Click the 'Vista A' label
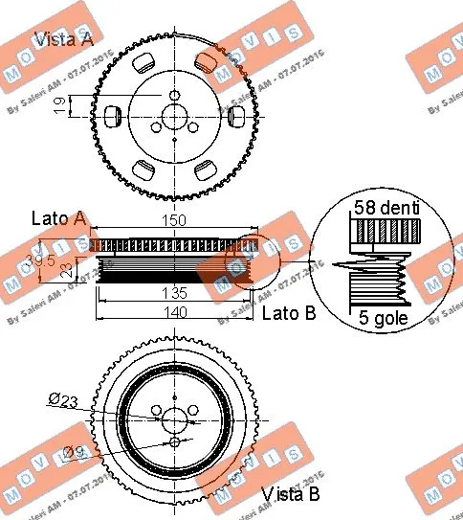63,39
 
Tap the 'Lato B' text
287,311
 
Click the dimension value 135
174,293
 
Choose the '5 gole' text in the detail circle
381,319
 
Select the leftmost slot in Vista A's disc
111,116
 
